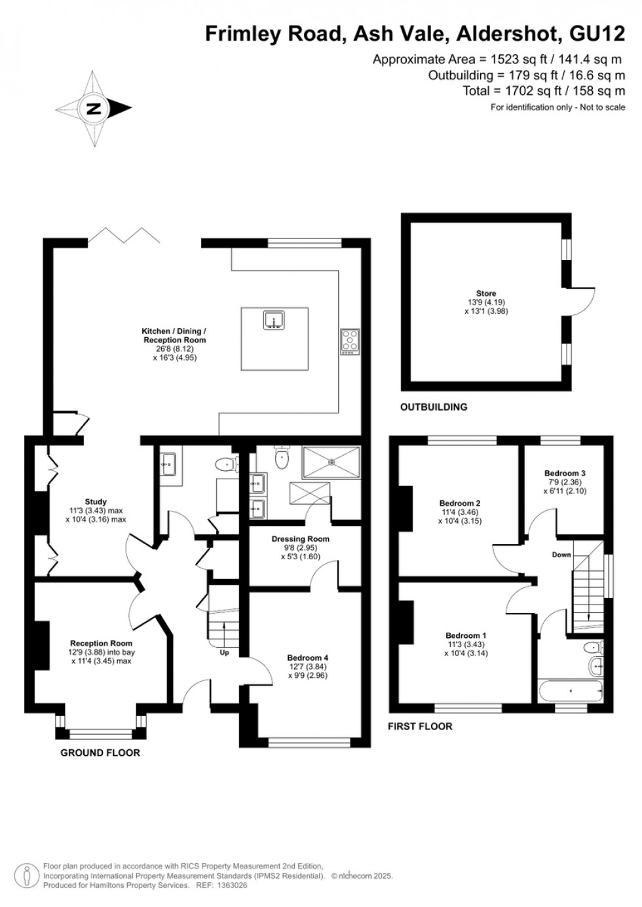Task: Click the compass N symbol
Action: click(94, 109)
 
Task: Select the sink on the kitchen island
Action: click(274, 320)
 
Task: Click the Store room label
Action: click(485, 293)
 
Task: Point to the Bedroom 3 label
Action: click(565, 473)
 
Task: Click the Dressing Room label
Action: click(301, 539)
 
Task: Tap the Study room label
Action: click(96, 502)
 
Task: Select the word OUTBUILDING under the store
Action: click(434, 407)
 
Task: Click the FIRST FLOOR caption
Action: click(420, 726)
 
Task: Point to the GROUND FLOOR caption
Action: click(100, 752)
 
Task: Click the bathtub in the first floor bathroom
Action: click(570, 690)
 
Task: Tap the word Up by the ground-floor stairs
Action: click(225, 652)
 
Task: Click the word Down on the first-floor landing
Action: click(561, 555)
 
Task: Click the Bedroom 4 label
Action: click(307, 657)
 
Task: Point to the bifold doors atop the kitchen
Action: click(124, 234)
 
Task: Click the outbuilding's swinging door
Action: click(581, 298)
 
